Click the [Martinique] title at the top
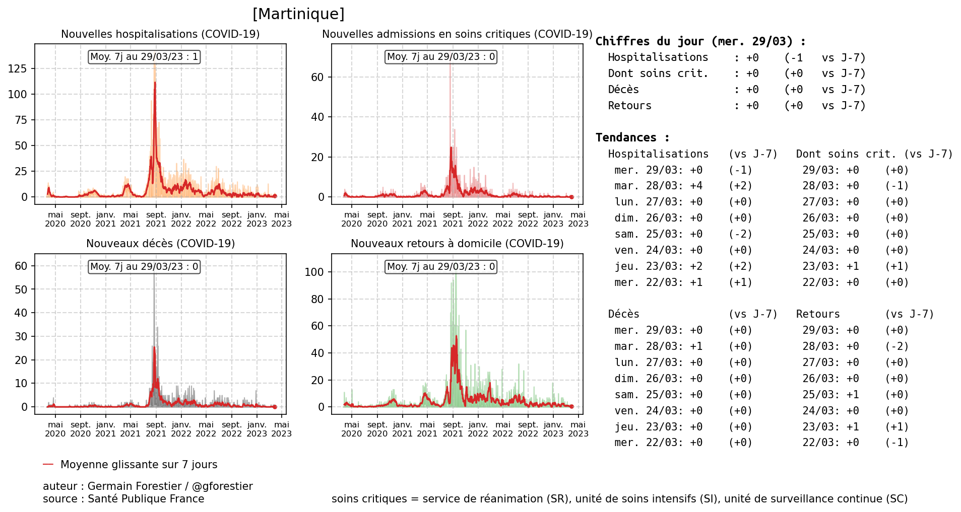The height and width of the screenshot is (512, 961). tap(298, 14)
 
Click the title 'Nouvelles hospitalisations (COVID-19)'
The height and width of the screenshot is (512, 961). tap(160, 34)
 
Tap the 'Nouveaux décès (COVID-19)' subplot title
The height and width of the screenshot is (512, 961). tap(160, 244)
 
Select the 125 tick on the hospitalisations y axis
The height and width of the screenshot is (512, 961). tap(18, 68)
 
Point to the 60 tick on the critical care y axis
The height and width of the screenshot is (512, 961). tap(317, 77)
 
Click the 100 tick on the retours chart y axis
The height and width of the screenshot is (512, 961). tap(314, 272)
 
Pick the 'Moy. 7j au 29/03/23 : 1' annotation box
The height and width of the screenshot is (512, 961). tap(144, 57)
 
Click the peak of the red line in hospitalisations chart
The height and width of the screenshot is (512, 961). tap(155, 83)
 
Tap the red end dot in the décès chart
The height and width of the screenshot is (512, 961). tap(275, 407)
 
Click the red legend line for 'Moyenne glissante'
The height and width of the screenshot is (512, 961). tap(48, 464)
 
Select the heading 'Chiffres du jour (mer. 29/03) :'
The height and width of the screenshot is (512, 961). tap(700, 41)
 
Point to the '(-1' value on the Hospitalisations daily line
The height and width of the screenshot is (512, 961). tap(794, 58)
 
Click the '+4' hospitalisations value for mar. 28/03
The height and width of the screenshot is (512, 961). tap(696, 186)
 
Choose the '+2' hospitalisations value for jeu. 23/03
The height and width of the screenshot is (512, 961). tap(696, 266)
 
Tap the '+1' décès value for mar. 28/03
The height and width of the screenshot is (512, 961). tap(696, 346)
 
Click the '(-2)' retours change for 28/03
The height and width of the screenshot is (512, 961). tap(897, 346)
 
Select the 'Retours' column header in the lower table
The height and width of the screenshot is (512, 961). tap(818, 314)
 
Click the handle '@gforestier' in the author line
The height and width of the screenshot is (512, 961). tap(222, 486)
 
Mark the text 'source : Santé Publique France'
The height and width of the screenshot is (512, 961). tap(123, 499)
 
